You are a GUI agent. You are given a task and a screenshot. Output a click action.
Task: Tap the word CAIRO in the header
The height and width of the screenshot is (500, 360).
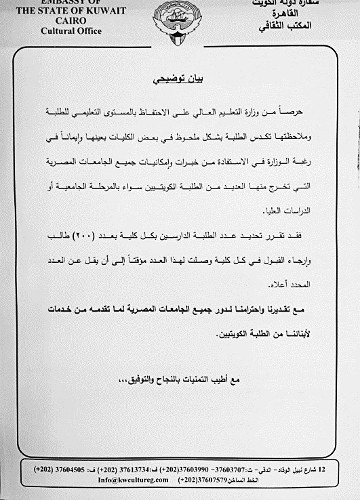(x=62, y=20)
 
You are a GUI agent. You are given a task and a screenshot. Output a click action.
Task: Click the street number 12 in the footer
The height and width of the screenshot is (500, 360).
(x=321, y=468)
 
